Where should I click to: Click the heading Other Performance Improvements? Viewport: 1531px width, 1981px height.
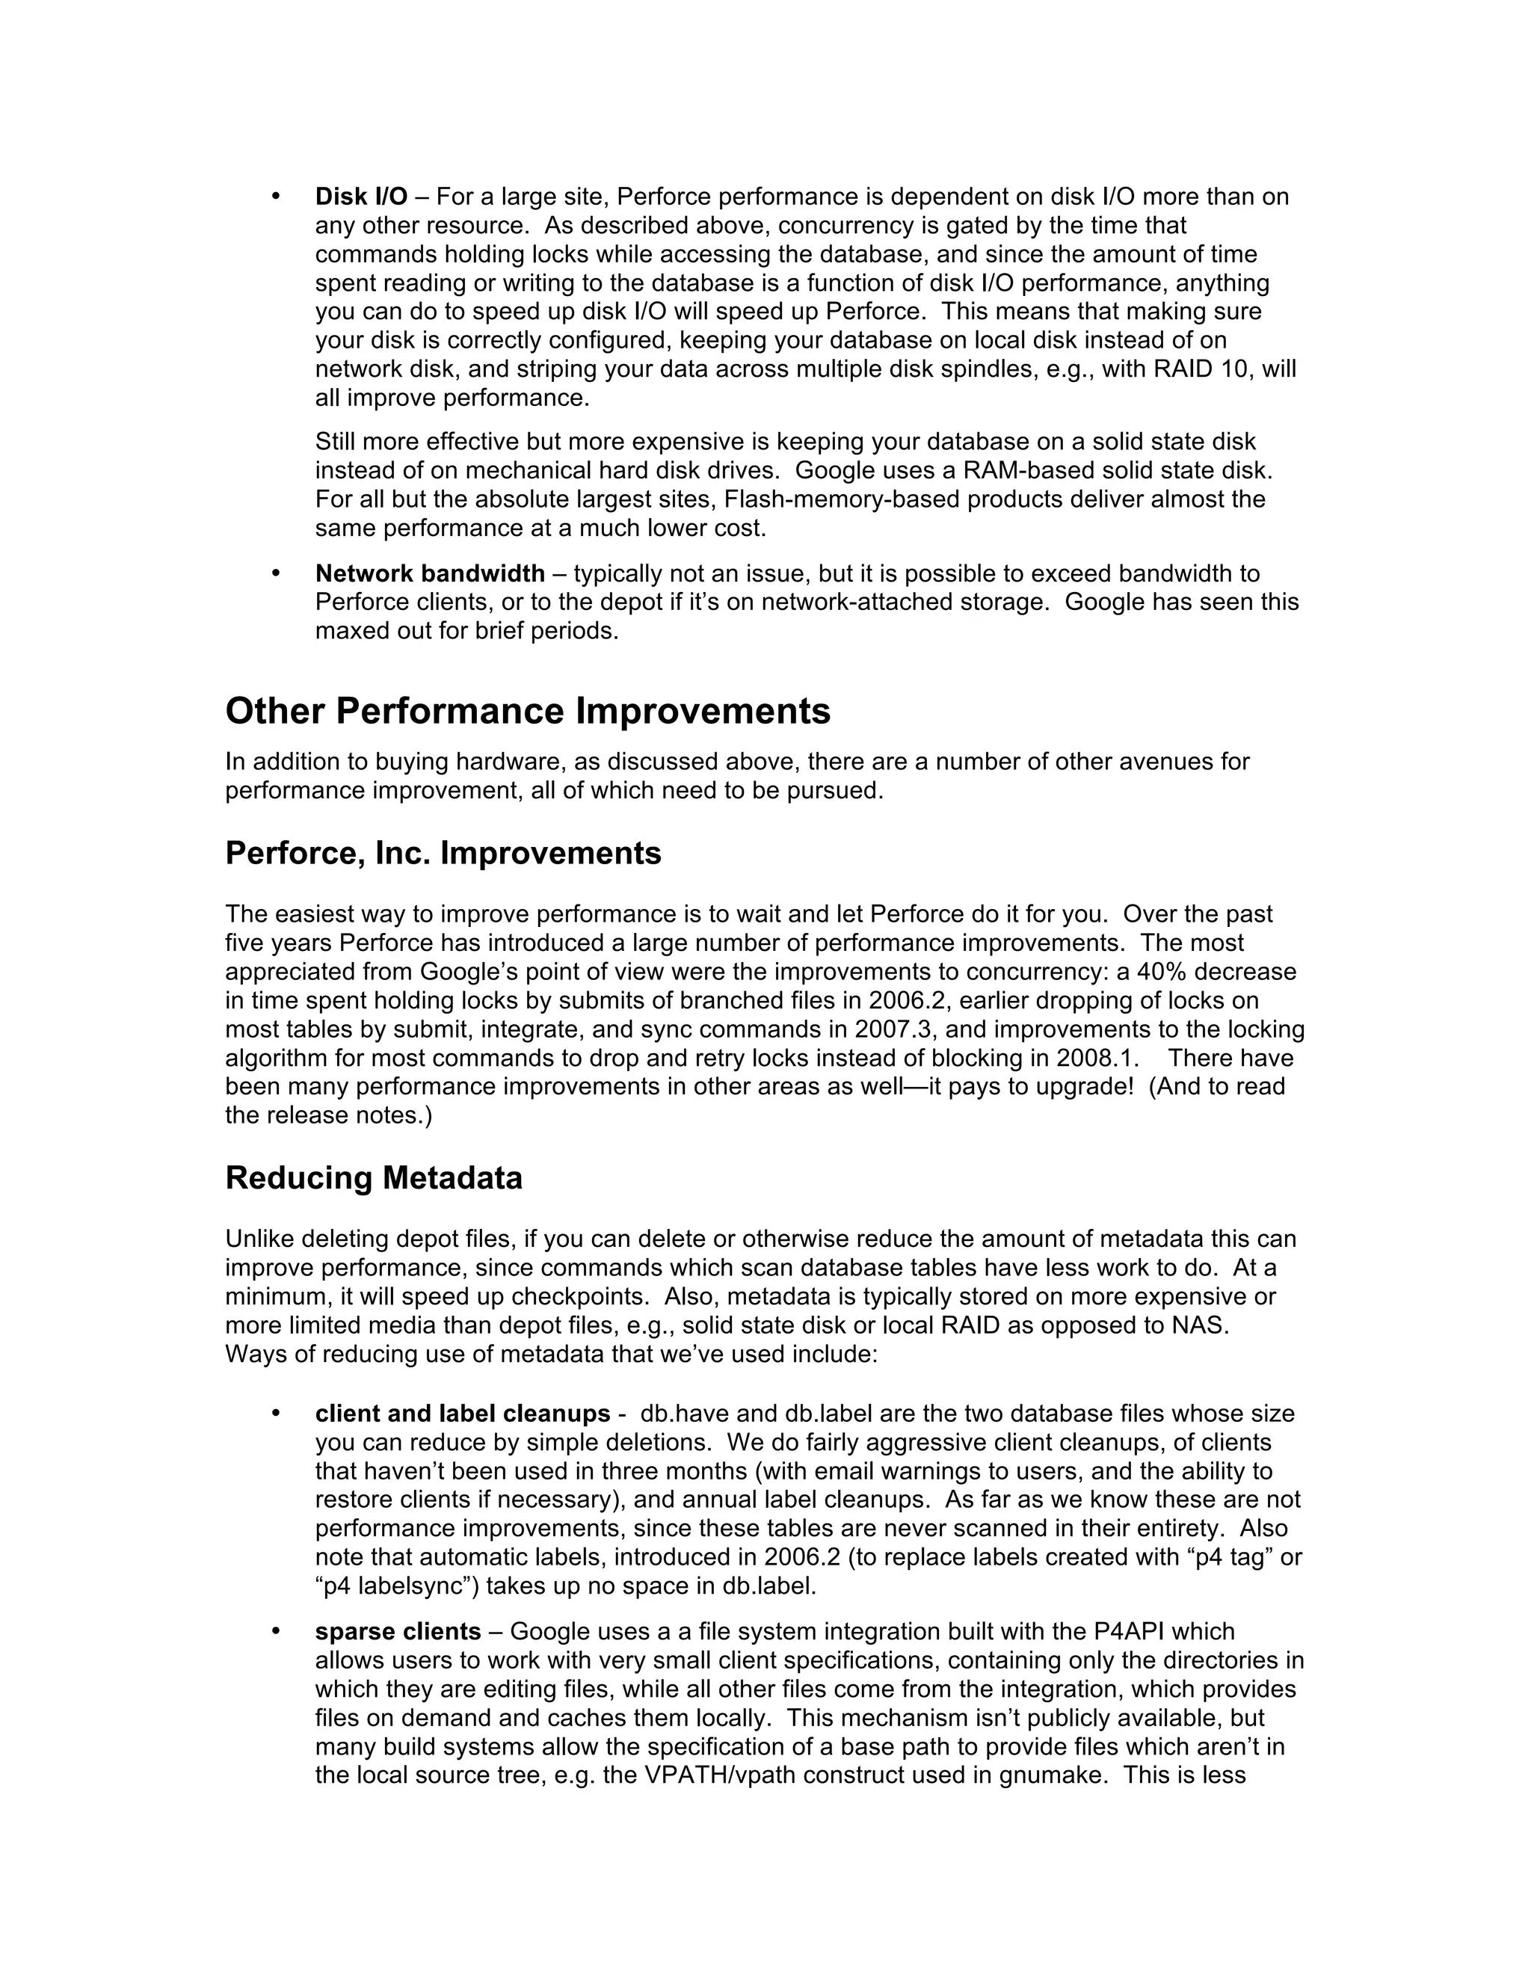click(527, 711)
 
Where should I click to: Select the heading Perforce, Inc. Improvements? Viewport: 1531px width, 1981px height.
click(443, 854)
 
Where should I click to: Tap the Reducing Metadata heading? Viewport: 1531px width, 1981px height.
click(374, 1178)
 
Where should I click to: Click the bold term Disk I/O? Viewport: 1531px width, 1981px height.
click(361, 197)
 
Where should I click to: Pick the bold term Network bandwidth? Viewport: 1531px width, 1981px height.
click(430, 573)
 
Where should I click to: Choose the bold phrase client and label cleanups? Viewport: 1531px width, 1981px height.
click(463, 1414)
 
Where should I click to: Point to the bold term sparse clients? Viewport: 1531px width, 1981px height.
click(398, 1632)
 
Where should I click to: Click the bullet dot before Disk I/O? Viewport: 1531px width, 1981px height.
click(275, 197)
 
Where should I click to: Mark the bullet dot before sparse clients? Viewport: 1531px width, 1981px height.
click(275, 1632)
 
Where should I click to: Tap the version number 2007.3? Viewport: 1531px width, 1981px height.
click(894, 1029)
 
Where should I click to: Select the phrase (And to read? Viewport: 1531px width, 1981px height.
click(1217, 1087)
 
